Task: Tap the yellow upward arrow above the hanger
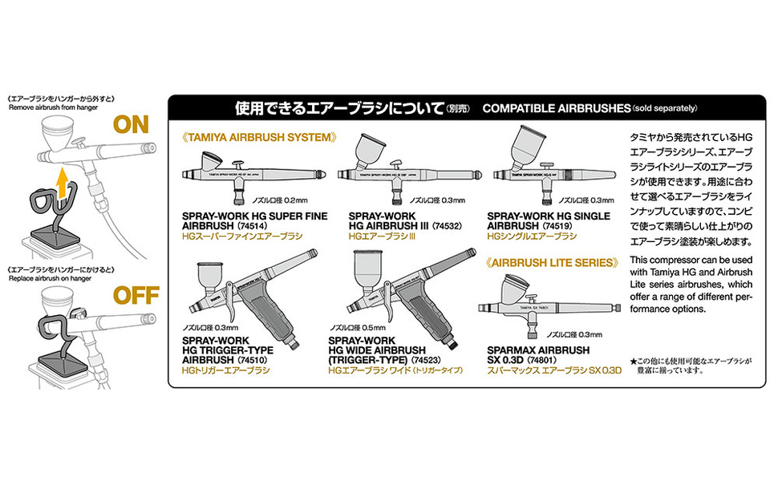coord(62,187)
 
